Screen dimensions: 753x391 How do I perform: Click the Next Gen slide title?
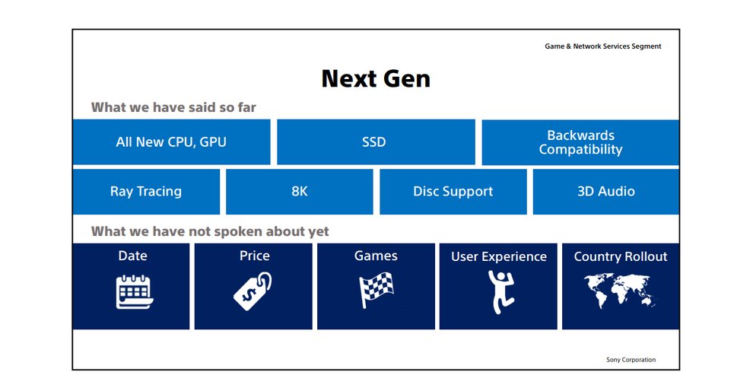[376, 78]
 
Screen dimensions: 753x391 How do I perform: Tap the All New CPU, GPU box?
[171, 142]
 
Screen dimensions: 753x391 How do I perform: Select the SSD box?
[376, 142]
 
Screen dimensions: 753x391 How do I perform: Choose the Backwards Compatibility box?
[580, 142]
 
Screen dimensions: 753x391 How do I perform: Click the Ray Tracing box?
[147, 191]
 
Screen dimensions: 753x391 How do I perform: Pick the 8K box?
[299, 191]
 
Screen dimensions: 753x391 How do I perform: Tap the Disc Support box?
[453, 191]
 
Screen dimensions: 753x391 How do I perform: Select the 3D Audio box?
[606, 191]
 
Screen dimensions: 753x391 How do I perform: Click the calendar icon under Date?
[134, 291]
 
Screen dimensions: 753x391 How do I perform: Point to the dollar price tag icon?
[253, 291]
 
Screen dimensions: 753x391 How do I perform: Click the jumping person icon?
[501, 291]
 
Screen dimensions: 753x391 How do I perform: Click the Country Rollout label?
[621, 256]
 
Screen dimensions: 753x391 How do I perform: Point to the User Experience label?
[498, 257]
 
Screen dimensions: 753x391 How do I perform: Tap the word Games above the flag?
[376, 256]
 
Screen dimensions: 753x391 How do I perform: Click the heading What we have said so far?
[173, 107]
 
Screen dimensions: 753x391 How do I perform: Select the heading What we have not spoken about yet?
[210, 231]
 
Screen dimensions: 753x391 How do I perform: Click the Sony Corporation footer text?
[631, 360]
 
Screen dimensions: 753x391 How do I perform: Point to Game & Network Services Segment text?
[602, 46]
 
